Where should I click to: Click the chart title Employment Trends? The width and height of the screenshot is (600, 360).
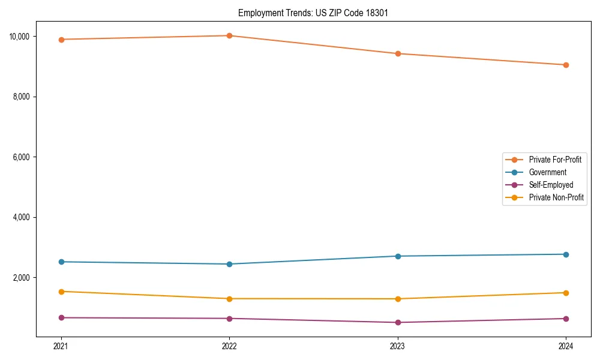(x=313, y=13)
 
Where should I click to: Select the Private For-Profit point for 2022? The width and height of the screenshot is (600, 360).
(x=229, y=35)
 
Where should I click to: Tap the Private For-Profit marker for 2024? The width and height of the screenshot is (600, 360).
(x=566, y=65)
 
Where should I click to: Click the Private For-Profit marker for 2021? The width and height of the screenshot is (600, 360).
(x=61, y=40)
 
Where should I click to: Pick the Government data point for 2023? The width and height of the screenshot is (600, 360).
(x=398, y=256)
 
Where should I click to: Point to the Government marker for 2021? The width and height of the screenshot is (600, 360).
(x=61, y=262)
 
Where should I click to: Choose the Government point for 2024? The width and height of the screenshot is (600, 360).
(x=566, y=254)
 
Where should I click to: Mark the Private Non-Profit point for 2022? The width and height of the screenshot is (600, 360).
(x=229, y=299)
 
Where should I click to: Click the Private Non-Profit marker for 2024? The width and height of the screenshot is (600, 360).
(x=566, y=293)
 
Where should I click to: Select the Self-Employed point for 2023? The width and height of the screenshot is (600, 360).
(x=398, y=322)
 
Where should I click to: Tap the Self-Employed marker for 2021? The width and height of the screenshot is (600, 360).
(x=61, y=317)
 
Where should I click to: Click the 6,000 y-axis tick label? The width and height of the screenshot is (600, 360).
(x=21, y=157)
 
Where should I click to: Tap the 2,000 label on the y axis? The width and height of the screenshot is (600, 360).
(x=21, y=278)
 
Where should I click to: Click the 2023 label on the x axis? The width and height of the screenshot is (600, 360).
(x=398, y=346)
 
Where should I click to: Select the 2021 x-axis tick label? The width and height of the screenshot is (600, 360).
(x=61, y=346)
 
